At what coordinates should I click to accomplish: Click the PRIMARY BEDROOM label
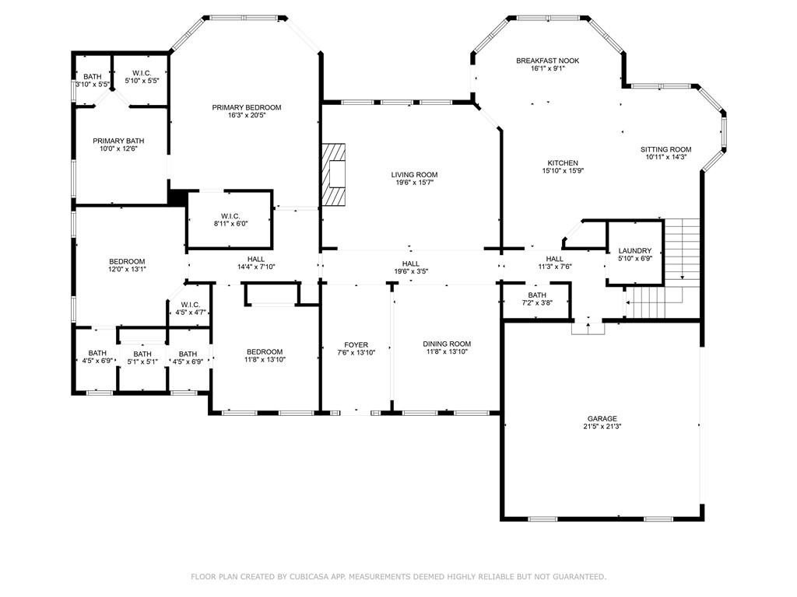pos(247,107)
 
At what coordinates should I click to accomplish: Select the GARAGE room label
pos(602,419)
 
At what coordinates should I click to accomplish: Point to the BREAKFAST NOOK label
pos(547,61)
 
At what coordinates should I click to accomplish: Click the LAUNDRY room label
pos(635,251)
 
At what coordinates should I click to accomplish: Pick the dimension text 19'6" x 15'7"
pos(414,182)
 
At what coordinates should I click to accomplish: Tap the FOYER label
pos(356,344)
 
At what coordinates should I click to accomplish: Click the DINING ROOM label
pos(447,344)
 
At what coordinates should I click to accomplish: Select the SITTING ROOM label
pos(666,149)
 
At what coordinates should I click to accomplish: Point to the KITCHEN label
pos(563,163)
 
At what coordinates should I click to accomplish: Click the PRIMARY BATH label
pos(118,141)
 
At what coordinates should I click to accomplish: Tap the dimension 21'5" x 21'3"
pos(602,427)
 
